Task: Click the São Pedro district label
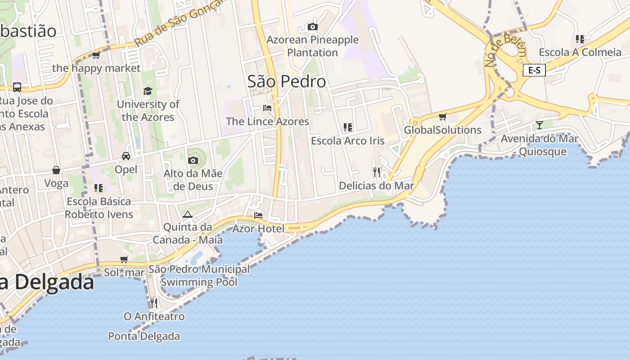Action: (287, 81)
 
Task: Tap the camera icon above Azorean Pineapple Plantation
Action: (313, 27)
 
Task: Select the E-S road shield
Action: (534, 70)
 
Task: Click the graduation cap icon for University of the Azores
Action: (148, 91)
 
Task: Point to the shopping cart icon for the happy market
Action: (96, 55)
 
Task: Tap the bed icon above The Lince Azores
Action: (267, 108)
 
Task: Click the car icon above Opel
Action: (126, 156)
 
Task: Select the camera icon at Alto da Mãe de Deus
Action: (193, 160)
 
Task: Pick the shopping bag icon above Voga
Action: (56, 170)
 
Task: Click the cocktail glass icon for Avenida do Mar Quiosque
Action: (540, 125)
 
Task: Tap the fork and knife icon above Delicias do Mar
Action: (377, 172)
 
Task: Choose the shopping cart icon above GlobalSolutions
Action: (443, 117)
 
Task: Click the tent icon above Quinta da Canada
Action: (188, 214)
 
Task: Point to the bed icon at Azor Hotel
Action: (258, 216)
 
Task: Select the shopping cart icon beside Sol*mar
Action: (124, 259)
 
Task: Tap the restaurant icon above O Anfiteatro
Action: (154, 303)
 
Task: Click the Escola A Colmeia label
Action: (580, 52)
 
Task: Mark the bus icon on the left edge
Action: (17, 87)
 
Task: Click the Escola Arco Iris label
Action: (348, 141)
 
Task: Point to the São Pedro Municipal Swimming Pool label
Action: (199, 276)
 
